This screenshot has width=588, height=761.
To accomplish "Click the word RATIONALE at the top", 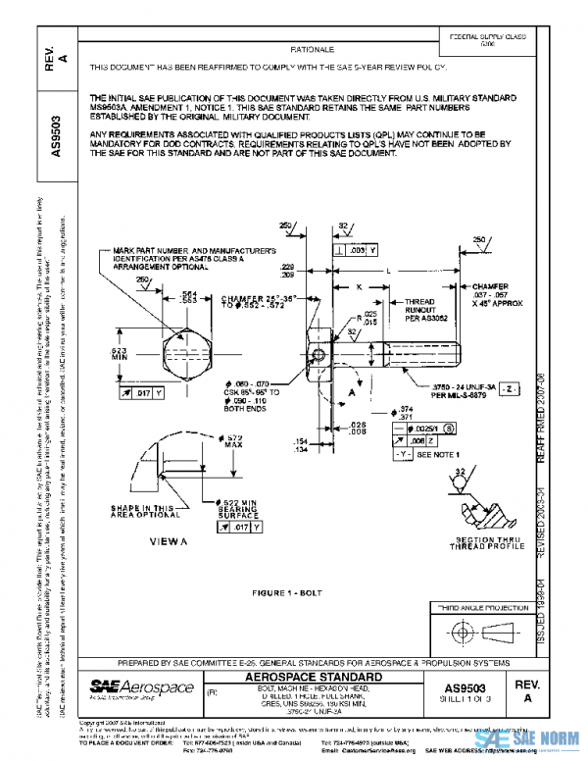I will (313, 49).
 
